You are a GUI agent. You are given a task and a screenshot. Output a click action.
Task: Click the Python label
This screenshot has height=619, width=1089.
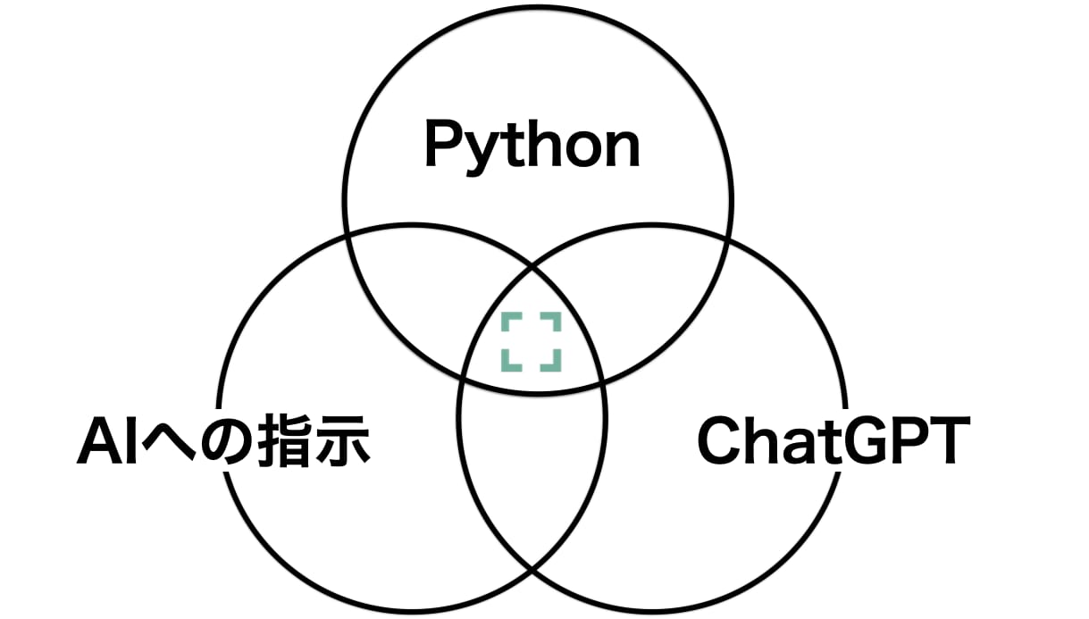click(532, 146)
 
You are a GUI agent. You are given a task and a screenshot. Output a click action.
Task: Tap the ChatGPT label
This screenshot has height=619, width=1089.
click(834, 440)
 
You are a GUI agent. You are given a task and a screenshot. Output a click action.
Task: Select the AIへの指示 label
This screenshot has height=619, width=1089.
click(223, 441)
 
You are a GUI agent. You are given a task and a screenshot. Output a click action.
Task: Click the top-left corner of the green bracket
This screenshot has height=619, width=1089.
click(503, 314)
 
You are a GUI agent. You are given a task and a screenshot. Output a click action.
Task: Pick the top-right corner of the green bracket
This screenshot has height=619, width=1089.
click(560, 314)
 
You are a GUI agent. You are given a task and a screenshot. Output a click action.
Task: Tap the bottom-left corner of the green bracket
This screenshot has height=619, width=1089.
click(503, 371)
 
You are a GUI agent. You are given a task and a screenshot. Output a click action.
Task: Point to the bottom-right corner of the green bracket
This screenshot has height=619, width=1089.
click(560, 371)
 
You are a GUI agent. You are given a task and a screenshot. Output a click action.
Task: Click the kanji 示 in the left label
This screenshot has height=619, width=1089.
click(343, 440)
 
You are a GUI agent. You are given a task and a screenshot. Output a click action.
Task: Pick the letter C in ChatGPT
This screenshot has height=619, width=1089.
click(719, 440)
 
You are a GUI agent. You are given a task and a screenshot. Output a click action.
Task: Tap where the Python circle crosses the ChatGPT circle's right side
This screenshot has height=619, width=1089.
click(727, 239)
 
